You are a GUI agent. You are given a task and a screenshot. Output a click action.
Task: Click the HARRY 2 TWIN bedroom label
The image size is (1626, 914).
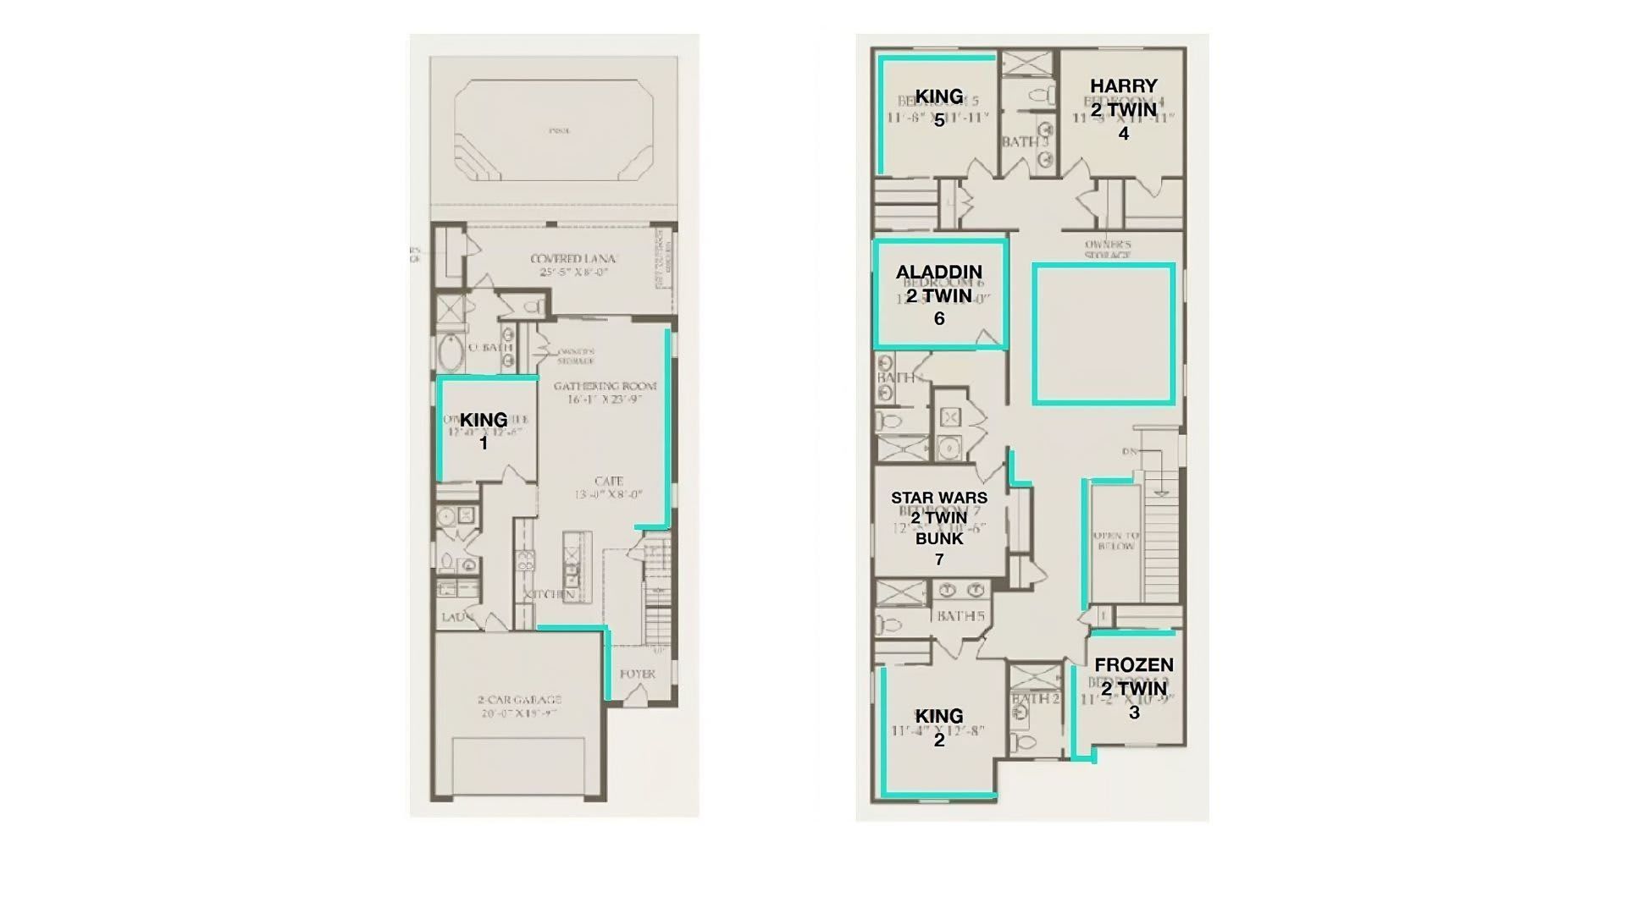pyautogui.click(x=1123, y=97)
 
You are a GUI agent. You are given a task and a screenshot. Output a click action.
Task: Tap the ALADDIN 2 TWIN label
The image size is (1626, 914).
pyautogui.click(x=938, y=284)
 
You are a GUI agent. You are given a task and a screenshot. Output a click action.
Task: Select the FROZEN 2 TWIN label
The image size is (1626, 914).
pyautogui.click(x=1134, y=677)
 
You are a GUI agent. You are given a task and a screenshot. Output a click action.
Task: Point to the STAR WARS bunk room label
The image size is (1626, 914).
pyautogui.click(x=938, y=518)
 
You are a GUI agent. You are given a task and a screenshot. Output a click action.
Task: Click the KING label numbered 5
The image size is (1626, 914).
pyautogui.click(x=939, y=96)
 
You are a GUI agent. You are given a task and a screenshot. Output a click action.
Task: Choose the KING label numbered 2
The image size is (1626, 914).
pyautogui.click(x=939, y=717)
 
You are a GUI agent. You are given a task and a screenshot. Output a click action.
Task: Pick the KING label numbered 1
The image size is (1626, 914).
pyautogui.click(x=484, y=421)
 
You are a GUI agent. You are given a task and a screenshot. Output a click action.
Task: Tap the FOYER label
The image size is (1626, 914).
pyautogui.click(x=637, y=674)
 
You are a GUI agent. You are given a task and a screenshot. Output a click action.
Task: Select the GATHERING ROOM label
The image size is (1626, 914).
pyautogui.click(x=605, y=387)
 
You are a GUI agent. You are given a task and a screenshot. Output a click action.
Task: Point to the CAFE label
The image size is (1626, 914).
pyautogui.click(x=609, y=482)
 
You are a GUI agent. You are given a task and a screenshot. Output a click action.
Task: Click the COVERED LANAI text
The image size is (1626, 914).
pyautogui.click(x=573, y=259)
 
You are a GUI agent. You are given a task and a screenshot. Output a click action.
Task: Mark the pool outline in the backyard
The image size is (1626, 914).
pyautogui.click(x=554, y=131)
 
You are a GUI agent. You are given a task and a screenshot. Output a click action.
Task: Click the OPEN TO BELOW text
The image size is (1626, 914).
pyautogui.click(x=1115, y=542)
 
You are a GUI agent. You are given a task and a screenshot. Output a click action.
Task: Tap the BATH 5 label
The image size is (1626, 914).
pyautogui.click(x=960, y=616)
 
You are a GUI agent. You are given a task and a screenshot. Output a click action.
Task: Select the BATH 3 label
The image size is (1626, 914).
pyautogui.click(x=1025, y=142)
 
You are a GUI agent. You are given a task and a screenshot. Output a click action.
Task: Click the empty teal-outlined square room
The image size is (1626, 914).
pyautogui.click(x=1103, y=333)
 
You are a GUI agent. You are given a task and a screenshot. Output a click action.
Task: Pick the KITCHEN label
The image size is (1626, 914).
pyautogui.click(x=550, y=595)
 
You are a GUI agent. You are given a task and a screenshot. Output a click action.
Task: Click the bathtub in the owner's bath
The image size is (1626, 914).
pyautogui.click(x=450, y=351)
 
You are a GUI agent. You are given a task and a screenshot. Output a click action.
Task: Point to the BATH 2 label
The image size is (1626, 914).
pyautogui.click(x=1035, y=699)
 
